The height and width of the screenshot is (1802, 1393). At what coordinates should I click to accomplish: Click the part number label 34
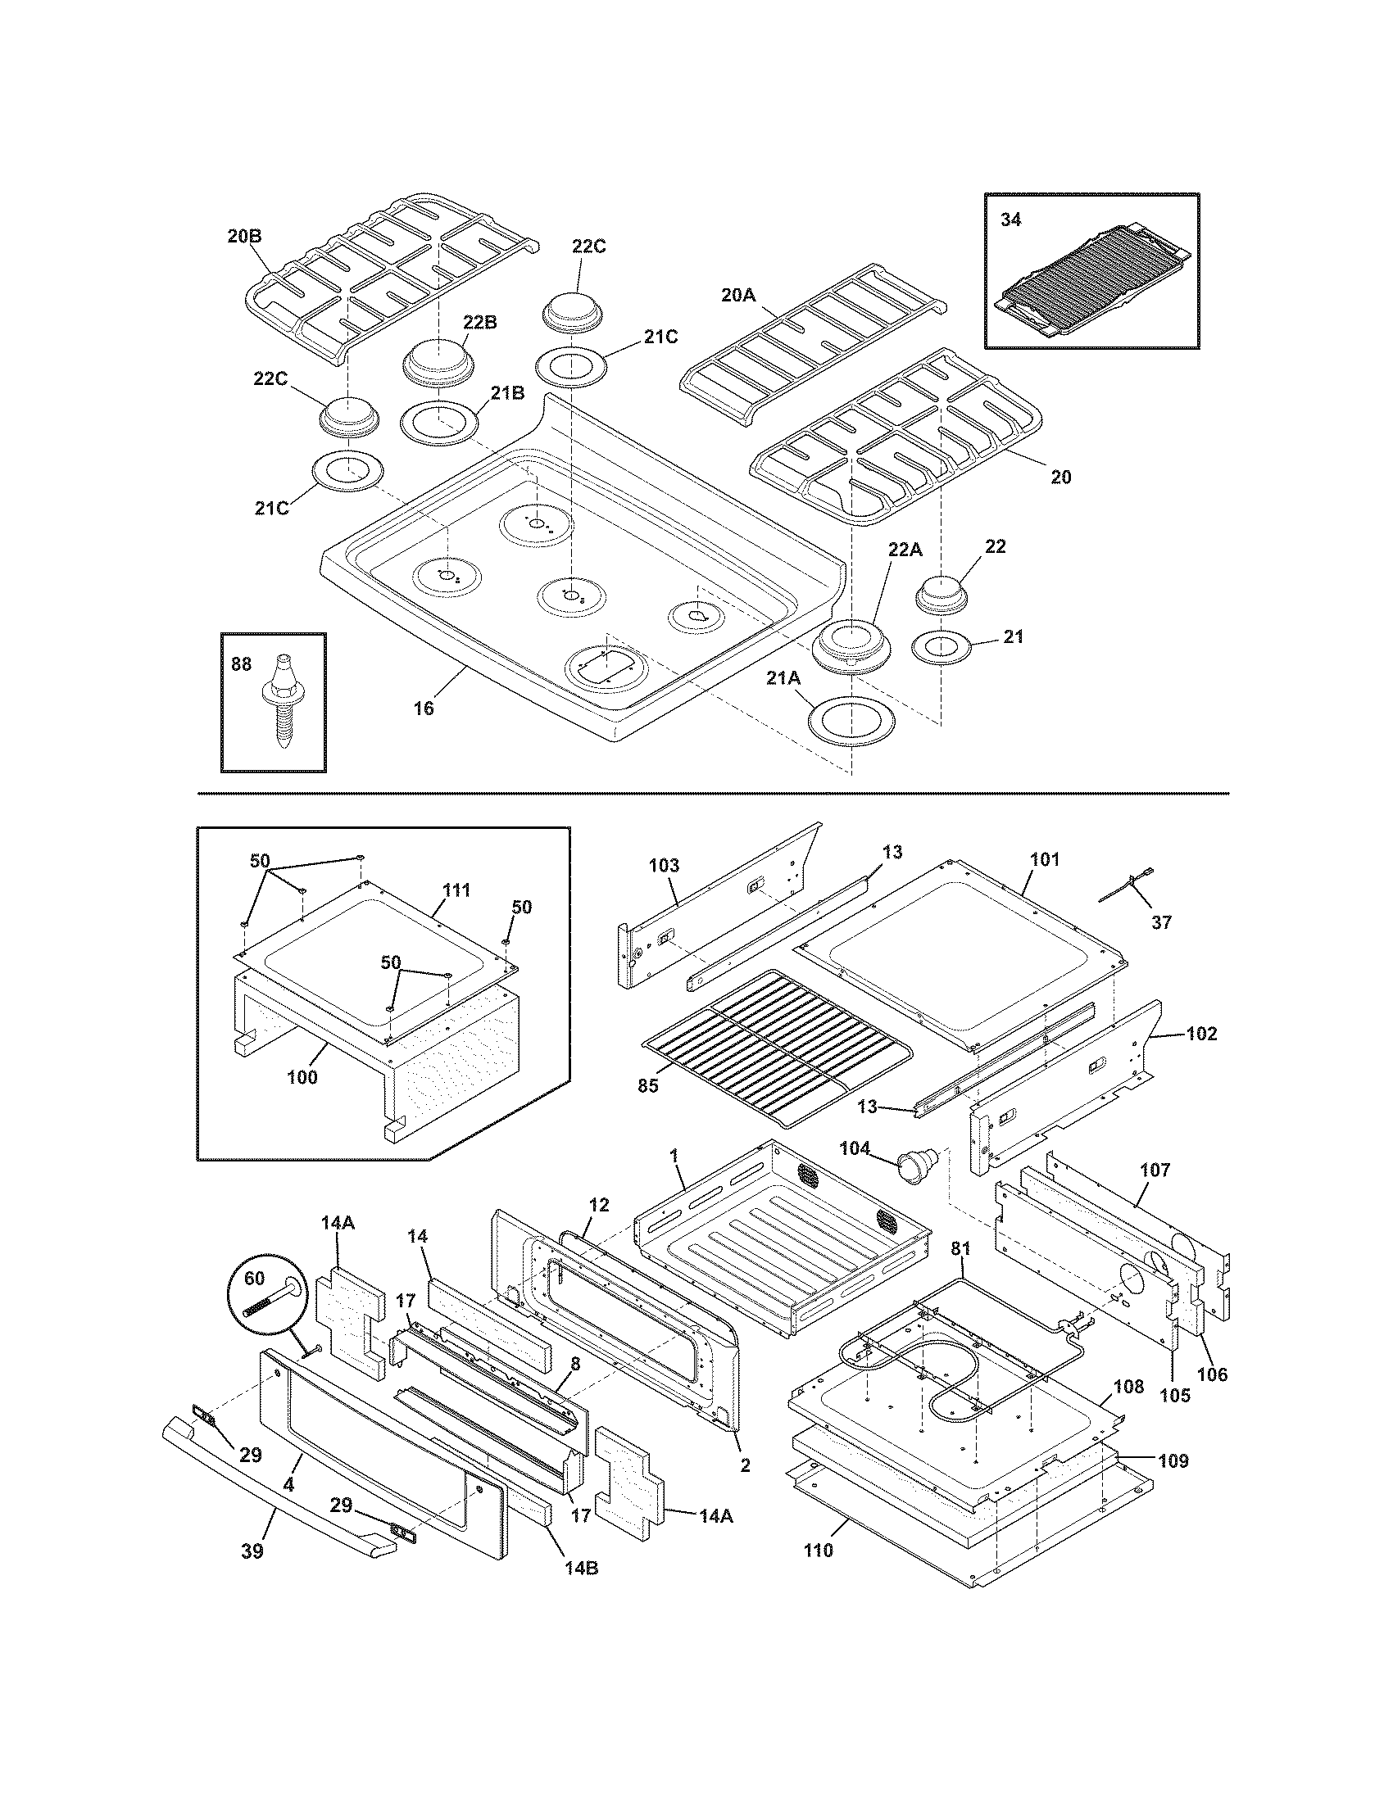coord(1010,220)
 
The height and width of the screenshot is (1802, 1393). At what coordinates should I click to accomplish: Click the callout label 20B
coord(244,236)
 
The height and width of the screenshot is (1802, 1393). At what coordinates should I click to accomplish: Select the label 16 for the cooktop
coord(424,708)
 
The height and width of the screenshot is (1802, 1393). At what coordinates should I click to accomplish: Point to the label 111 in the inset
coord(456,890)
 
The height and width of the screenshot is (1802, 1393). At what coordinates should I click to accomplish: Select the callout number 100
coord(302,1077)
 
